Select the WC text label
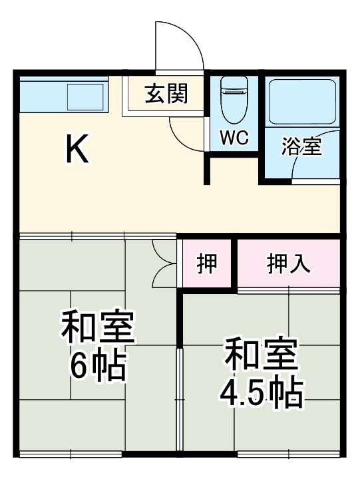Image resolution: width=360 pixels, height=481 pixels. (x=234, y=138)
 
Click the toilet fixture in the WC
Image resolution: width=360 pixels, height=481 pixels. (x=234, y=99)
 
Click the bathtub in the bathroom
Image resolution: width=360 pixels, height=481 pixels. (x=303, y=102)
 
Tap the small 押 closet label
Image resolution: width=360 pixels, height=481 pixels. (x=206, y=263)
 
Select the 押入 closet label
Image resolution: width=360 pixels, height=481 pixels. (x=288, y=263)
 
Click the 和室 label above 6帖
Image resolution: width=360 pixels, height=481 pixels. (x=98, y=326)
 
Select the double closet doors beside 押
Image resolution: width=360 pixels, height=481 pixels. (x=162, y=263)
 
